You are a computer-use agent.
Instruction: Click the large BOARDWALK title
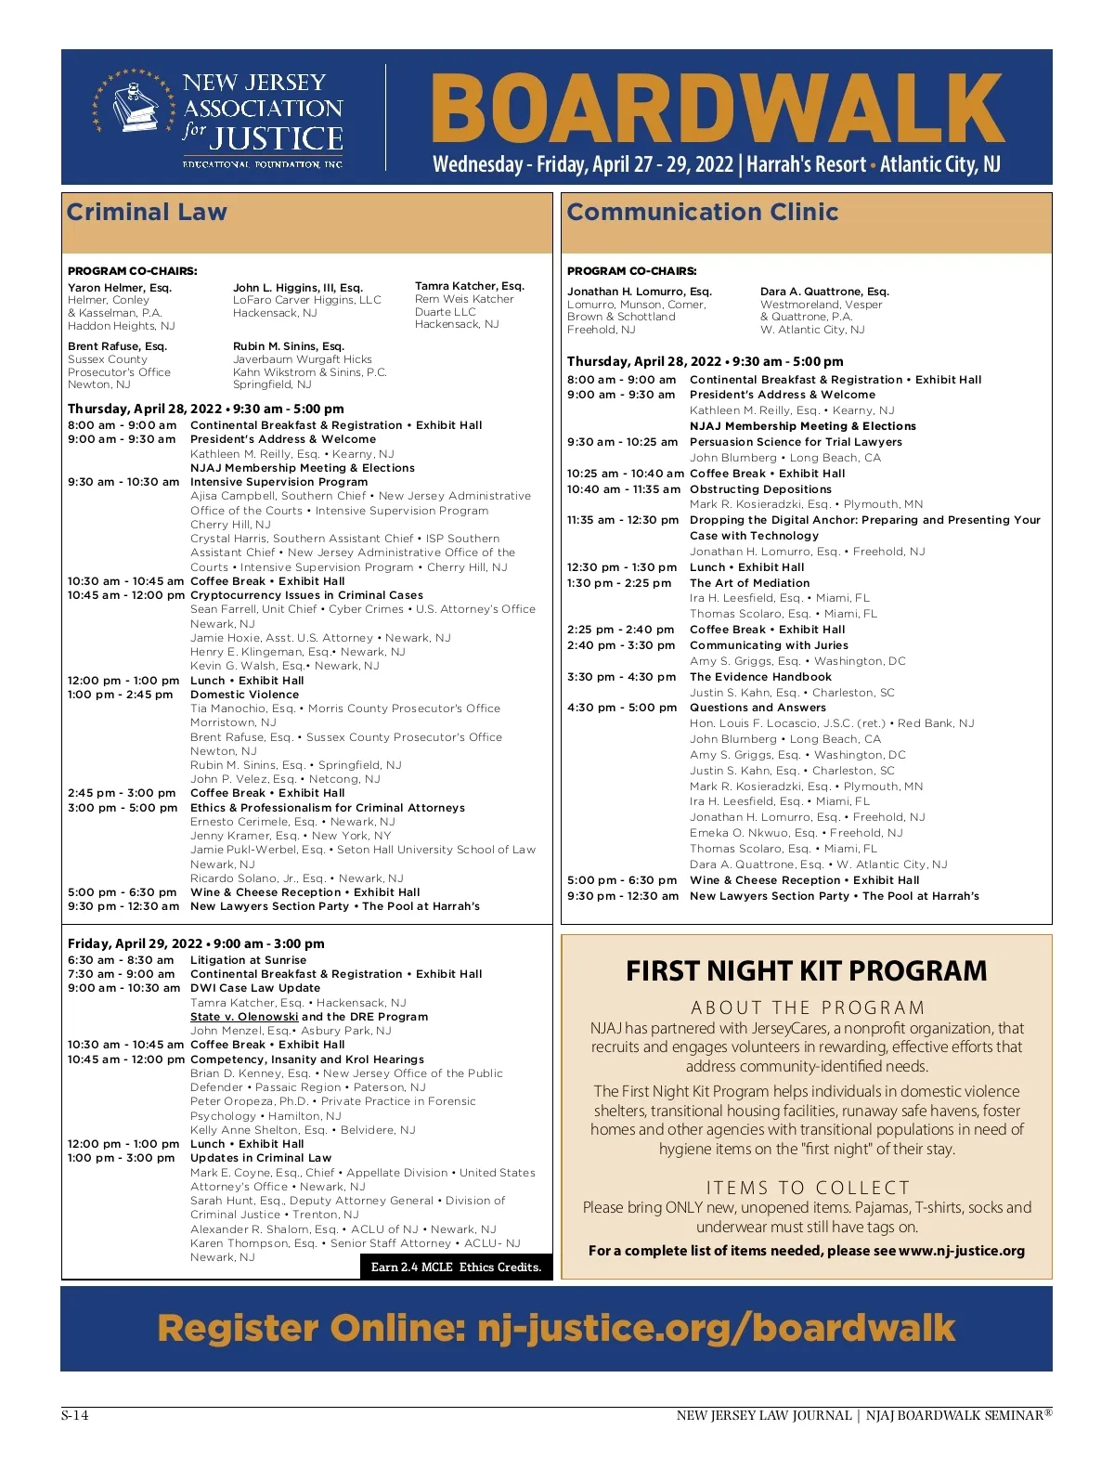tap(717, 109)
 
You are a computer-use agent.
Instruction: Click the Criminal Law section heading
tap(147, 213)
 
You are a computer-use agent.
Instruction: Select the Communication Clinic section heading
tap(702, 213)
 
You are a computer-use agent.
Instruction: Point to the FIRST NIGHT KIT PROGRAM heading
tap(806, 971)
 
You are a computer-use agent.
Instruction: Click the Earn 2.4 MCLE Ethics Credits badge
tap(456, 1267)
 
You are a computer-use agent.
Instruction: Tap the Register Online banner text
tap(556, 1328)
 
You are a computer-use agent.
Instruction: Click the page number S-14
tap(74, 1415)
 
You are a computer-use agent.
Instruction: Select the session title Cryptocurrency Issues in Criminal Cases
tap(306, 595)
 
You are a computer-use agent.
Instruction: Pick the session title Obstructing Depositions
tap(760, 489)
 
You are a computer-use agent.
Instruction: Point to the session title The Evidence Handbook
tap(760, 677)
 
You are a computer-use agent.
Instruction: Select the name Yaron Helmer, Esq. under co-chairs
tap(120, 288)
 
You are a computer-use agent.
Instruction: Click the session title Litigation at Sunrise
tap(248, 960)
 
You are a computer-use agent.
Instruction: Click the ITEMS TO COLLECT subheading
tap(808, 1188)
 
